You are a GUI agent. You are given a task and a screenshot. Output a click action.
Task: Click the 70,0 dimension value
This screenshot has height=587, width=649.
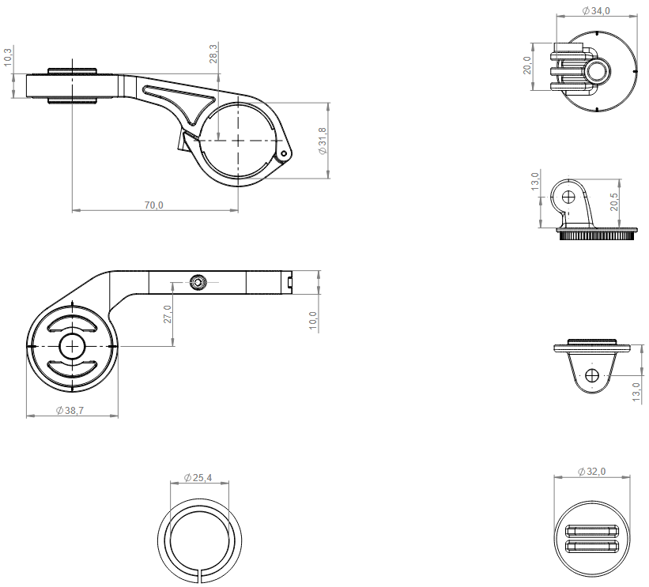click(x=153, y=205)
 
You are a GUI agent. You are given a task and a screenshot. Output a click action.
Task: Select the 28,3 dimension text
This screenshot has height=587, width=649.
click(x=214, y=54)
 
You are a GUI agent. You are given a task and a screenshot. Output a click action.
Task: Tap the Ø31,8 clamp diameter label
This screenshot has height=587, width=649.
click(x=323, y=141)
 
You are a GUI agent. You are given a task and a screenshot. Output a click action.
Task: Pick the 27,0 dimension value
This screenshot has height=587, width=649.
click(x=167, y=314)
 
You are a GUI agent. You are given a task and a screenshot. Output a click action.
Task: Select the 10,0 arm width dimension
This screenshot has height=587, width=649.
click(x=313, y=319)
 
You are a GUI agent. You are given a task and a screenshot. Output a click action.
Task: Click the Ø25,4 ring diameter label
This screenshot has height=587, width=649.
click(x=198, y=478)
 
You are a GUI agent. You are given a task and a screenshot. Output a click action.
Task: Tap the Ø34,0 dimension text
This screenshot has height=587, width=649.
click(x=595, y=10)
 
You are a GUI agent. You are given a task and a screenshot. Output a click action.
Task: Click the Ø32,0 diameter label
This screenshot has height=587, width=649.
click(x=592, y=472)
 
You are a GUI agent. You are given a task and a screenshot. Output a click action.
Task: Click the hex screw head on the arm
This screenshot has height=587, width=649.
click(x=197, y=281)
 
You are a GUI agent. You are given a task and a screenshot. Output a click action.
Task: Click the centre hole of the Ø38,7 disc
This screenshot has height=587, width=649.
click(x=72, y=347)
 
